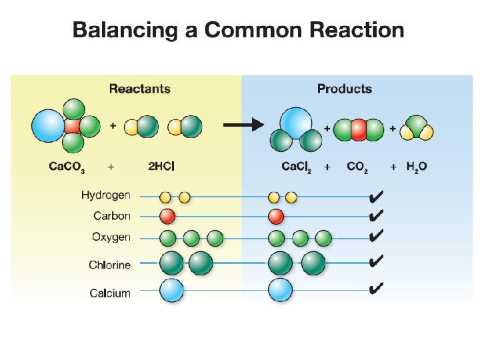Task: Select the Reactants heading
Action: [x=139, y=89]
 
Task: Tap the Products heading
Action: [x=344, y=89]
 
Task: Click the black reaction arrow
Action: [x=243, y=125]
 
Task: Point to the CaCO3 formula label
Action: [x=67, y=167]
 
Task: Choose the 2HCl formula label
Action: [x=161, y=166]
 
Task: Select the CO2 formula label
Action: [x=358, y=167]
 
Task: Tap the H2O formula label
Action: [x=417, y=167]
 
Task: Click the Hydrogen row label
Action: [x=106, y=195]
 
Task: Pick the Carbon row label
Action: [x=112, y=216]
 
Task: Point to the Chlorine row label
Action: [x=109, y=265]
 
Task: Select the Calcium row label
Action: [x=110, y=293]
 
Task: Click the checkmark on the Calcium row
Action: [x=375, y=288]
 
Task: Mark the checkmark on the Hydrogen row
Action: [x=375, y=196]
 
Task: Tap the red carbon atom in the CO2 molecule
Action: [x=359, y=129]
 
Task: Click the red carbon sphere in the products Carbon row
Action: [x=276, y=216]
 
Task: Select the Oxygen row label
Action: [x=111, y=237]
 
